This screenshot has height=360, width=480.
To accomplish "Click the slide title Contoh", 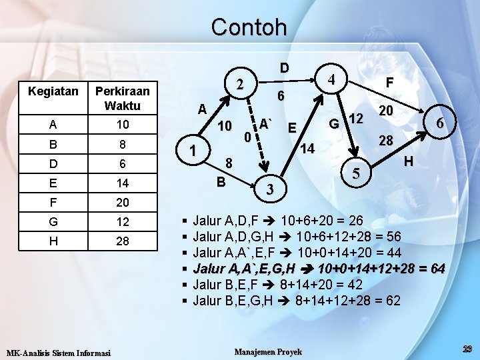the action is pyautogui.click(x=249, y=27).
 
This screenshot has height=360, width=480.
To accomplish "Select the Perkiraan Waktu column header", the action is pyautogui.click(x=122, y=98).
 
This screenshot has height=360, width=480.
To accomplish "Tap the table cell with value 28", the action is pyautogui.click(x=122, y=241).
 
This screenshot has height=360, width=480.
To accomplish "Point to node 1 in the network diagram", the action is pyautogui.click(x=193, y=151).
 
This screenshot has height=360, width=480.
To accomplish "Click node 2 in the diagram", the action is pyautogui.click(x=239, y=84).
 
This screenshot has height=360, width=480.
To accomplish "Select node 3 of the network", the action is pyautogui.click(x=269, y=189).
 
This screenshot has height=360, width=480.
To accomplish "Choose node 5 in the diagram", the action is pyautogui.click(x=356, y=175).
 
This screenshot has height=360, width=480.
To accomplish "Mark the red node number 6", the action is pyautogui.click(x=439, y=123).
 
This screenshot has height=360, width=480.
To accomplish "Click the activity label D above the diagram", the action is pyautogui.click(x=284, y=67).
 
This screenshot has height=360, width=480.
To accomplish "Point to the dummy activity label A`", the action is pyautogui.click(x=266, y=123).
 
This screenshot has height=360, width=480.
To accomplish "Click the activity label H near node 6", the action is pyautogui.click(x=409, y=161).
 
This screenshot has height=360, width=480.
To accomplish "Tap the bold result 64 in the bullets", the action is pyautogui.click(x=437, y=269).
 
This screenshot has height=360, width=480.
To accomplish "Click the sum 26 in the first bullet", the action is pyautogui.click(x=356, y=221).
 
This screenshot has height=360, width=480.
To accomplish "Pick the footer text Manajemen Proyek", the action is pyautogui.click(x=269, y=351).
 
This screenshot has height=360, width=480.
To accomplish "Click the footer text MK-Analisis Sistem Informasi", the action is pyautogui.click(x=58, y=352).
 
